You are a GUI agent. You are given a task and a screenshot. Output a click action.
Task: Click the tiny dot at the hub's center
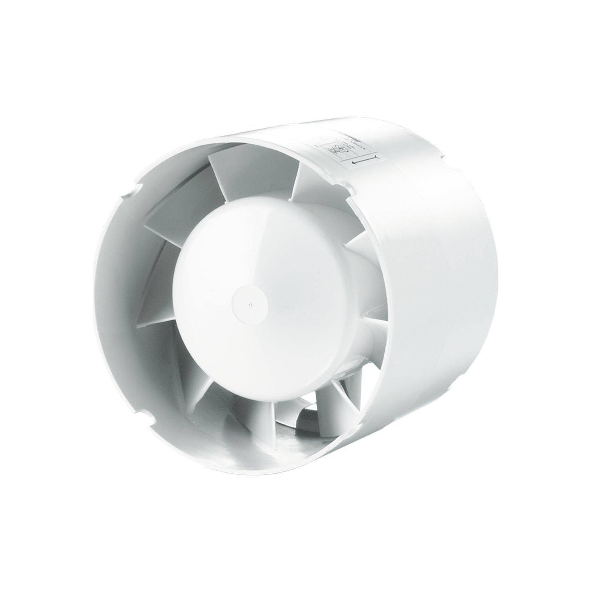click(x=250, y=304)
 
